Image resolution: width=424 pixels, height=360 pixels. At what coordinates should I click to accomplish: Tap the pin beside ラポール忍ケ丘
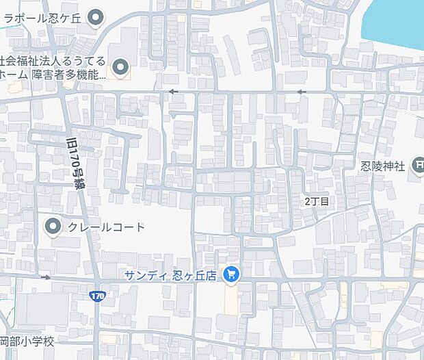coord(96,16)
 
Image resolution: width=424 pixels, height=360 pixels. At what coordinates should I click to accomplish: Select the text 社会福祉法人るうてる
coord(54,61)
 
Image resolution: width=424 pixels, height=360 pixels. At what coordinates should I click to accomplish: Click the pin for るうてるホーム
coord(120,67)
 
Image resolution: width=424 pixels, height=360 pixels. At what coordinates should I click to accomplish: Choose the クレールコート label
coord(106,227)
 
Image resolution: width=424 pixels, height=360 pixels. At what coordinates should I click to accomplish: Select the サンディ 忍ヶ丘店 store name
coord(170,275)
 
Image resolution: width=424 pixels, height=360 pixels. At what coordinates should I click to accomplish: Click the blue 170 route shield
coord(98,296)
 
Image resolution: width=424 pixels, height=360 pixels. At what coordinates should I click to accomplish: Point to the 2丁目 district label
coord(317,201)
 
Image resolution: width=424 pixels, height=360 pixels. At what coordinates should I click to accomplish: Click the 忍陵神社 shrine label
coord(384,166)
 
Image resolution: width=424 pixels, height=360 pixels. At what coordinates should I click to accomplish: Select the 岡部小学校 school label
coord(27,341)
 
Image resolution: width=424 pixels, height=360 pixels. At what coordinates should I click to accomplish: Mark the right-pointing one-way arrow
coord(46,277)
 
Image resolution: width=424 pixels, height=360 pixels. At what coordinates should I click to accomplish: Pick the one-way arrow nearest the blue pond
coord(302,91)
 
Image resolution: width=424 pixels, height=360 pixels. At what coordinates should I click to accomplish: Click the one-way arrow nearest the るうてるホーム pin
coord(173,91)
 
